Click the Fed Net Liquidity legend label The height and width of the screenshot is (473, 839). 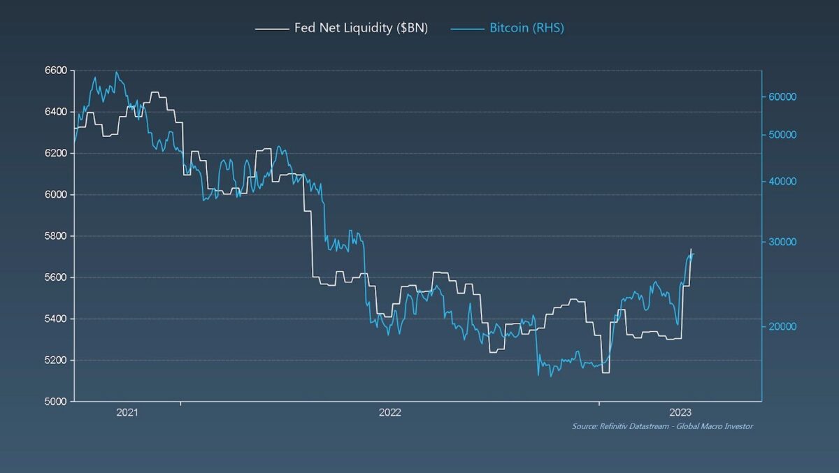[361, 29]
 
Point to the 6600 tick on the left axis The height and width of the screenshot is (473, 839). [55, 71]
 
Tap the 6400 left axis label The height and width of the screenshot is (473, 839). [55, 112]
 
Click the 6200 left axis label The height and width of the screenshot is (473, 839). [55, 153]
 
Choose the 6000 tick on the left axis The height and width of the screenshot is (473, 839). [55, 194]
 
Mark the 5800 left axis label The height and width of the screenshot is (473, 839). [55, 236]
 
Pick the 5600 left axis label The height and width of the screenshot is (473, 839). [55, 277]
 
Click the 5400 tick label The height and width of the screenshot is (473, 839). [55, 319]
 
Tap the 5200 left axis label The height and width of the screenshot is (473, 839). [55, 360]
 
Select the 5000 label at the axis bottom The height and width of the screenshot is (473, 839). [55, 401]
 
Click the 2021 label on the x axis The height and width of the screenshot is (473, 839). [127, 412]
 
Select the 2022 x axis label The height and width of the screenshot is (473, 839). [389, 412]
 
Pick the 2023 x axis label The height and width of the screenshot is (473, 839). [680, 412]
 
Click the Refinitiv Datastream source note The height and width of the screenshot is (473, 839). [662, 426]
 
